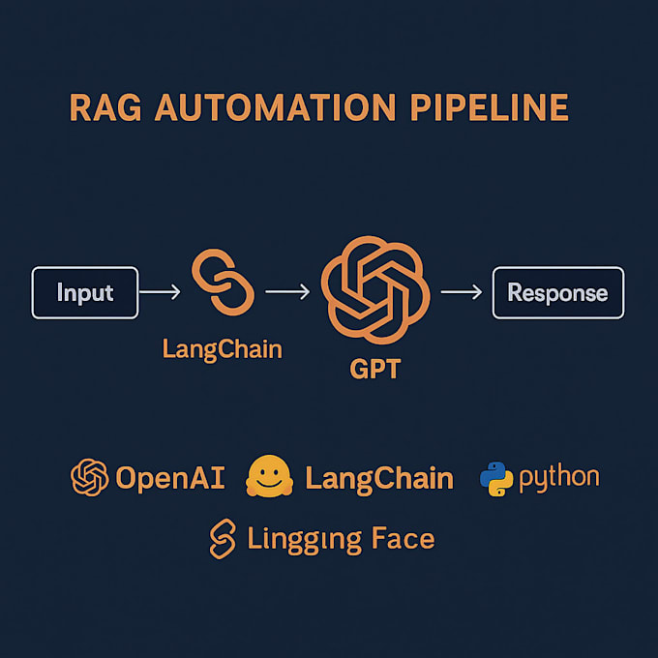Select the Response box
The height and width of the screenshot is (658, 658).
557,293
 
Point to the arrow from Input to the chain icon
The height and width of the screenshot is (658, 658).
160,289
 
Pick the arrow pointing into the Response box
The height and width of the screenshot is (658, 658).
462,289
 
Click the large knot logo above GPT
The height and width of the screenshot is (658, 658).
373,287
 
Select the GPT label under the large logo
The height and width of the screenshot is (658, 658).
373,368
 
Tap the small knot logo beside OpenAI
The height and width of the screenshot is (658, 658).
89,477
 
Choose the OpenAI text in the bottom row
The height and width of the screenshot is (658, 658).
170,477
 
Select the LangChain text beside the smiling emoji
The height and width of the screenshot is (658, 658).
379,477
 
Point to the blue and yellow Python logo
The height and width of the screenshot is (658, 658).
495,478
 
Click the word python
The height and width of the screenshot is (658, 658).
559,478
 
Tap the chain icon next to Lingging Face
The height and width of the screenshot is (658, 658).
223,538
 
